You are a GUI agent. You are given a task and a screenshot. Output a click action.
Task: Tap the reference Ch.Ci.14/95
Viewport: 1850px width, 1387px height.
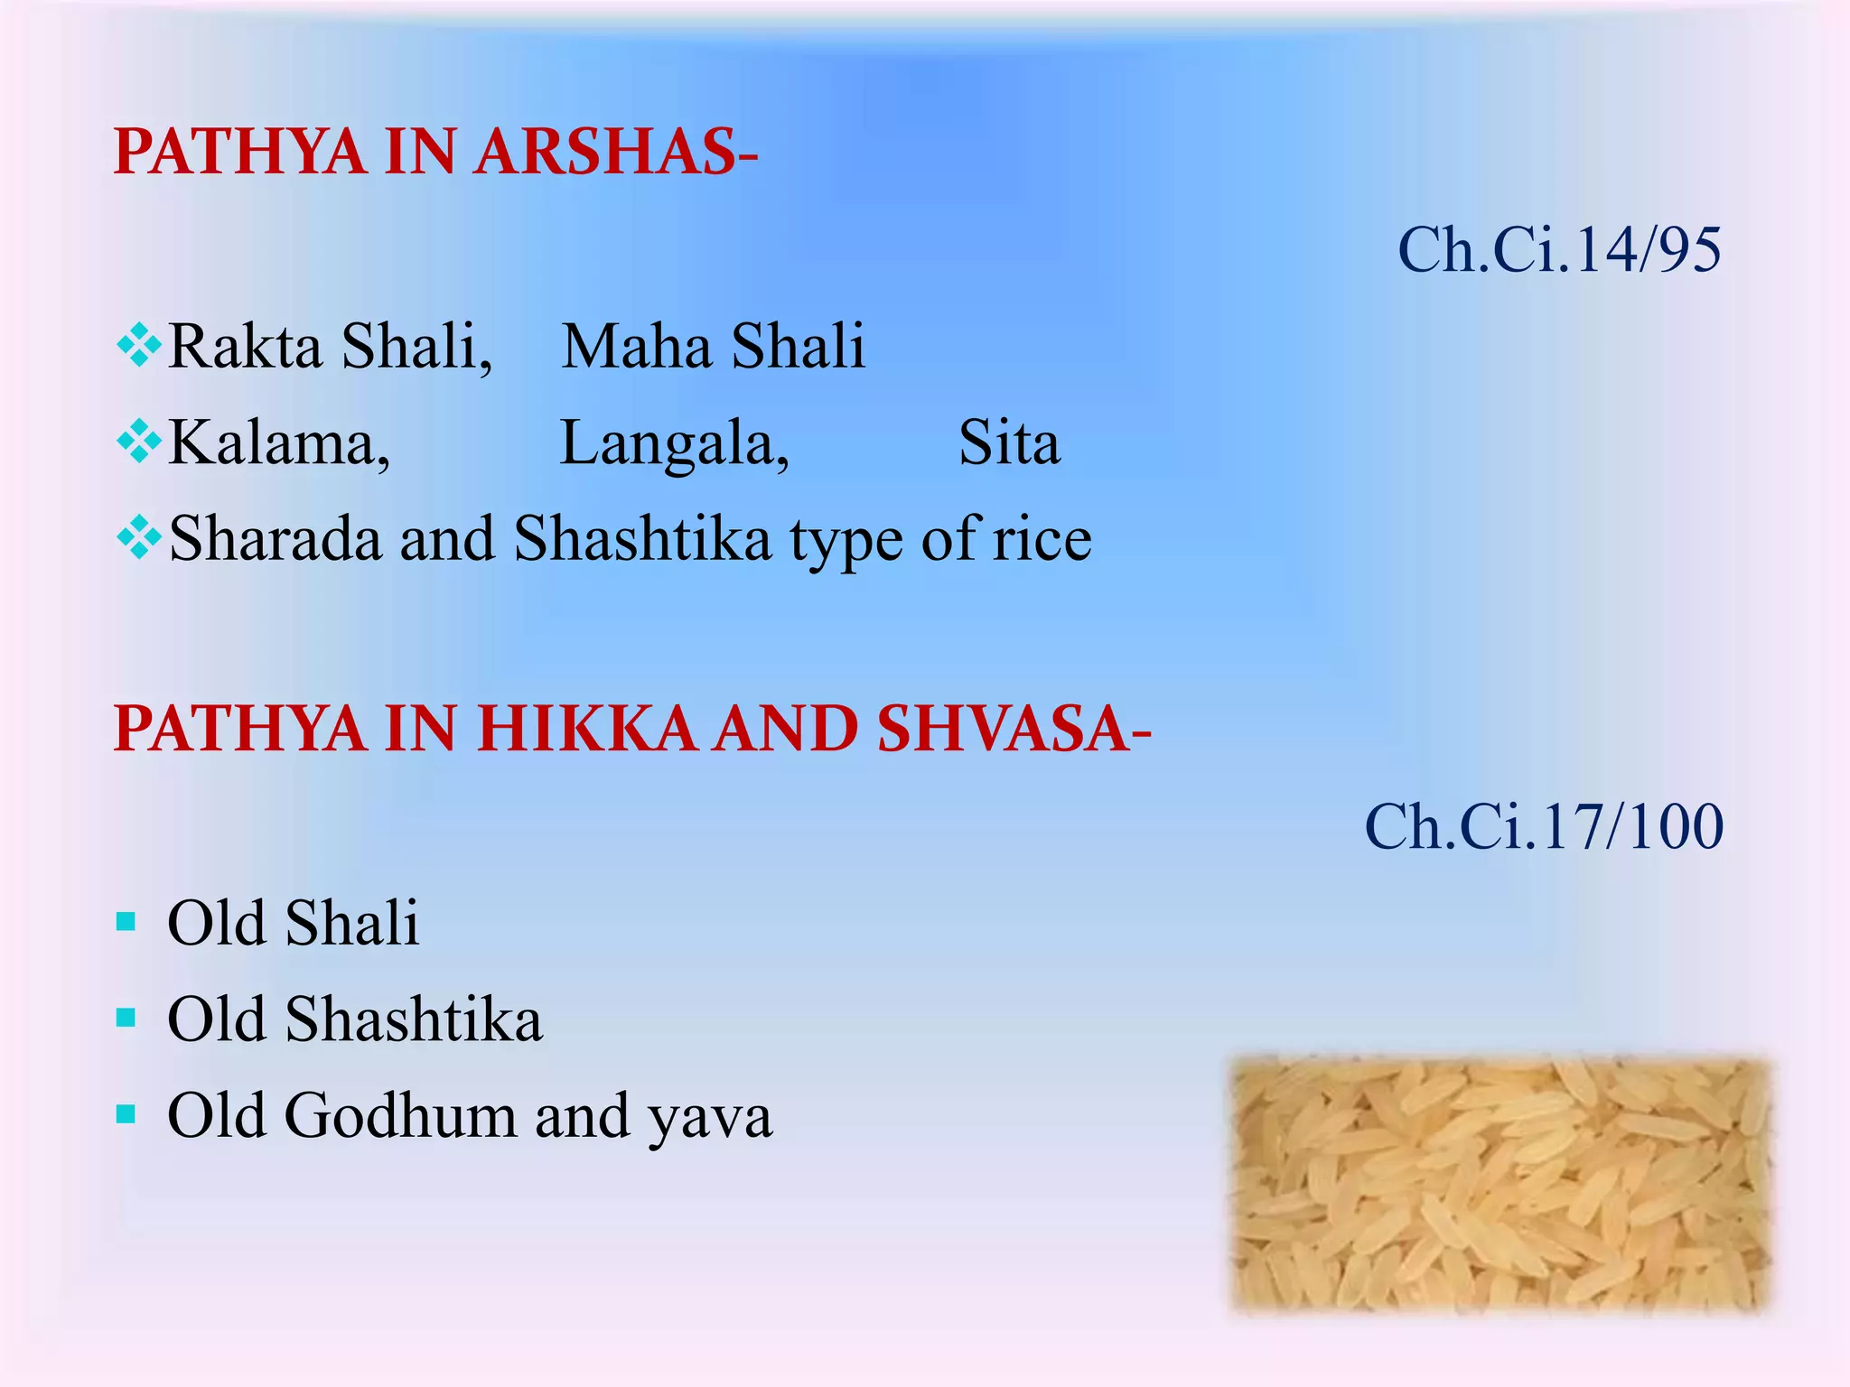[x=1559, y=250]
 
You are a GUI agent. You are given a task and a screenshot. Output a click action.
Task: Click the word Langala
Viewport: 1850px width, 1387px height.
[x=674, y=443]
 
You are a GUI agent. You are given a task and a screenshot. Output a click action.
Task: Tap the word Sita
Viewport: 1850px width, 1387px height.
[x=1009, y=443]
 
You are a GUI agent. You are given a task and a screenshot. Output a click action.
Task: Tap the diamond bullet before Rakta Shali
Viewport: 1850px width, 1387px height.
[x=139, y=346]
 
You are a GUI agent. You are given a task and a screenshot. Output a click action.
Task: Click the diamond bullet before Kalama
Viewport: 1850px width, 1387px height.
[x=139, y=442]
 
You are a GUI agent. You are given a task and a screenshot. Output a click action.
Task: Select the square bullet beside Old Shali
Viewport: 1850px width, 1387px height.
[x=126, y=922]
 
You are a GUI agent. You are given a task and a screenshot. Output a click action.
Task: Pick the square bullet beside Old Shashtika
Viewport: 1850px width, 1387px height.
[x=126, y=1019]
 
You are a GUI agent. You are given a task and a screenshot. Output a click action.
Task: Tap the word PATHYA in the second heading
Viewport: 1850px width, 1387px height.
[x=239, y=729]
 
